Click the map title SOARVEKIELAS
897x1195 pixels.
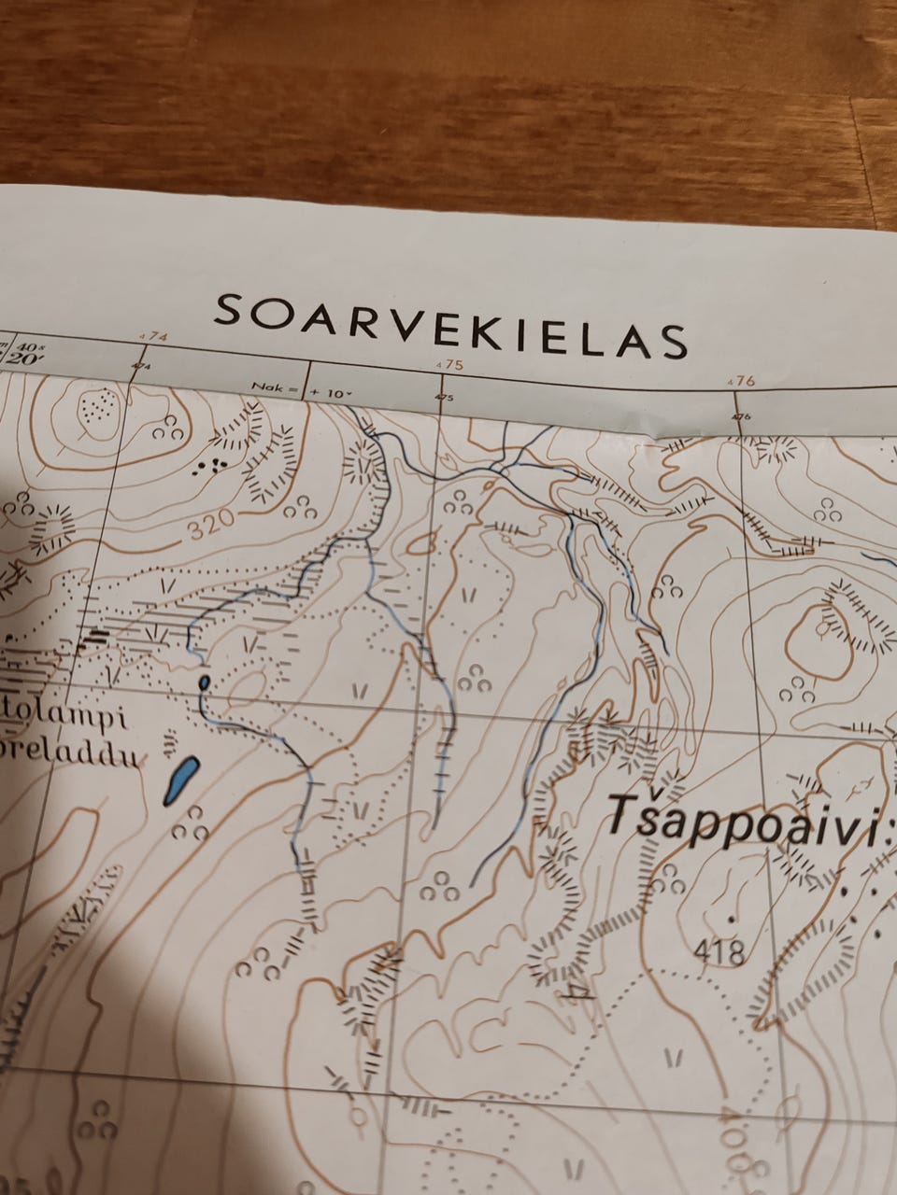point(450,324)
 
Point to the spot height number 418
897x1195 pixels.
point(719,952)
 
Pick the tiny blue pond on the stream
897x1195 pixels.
point(204,682)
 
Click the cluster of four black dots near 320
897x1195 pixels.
point(212,466)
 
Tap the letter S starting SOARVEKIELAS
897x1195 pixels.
point(227,311)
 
